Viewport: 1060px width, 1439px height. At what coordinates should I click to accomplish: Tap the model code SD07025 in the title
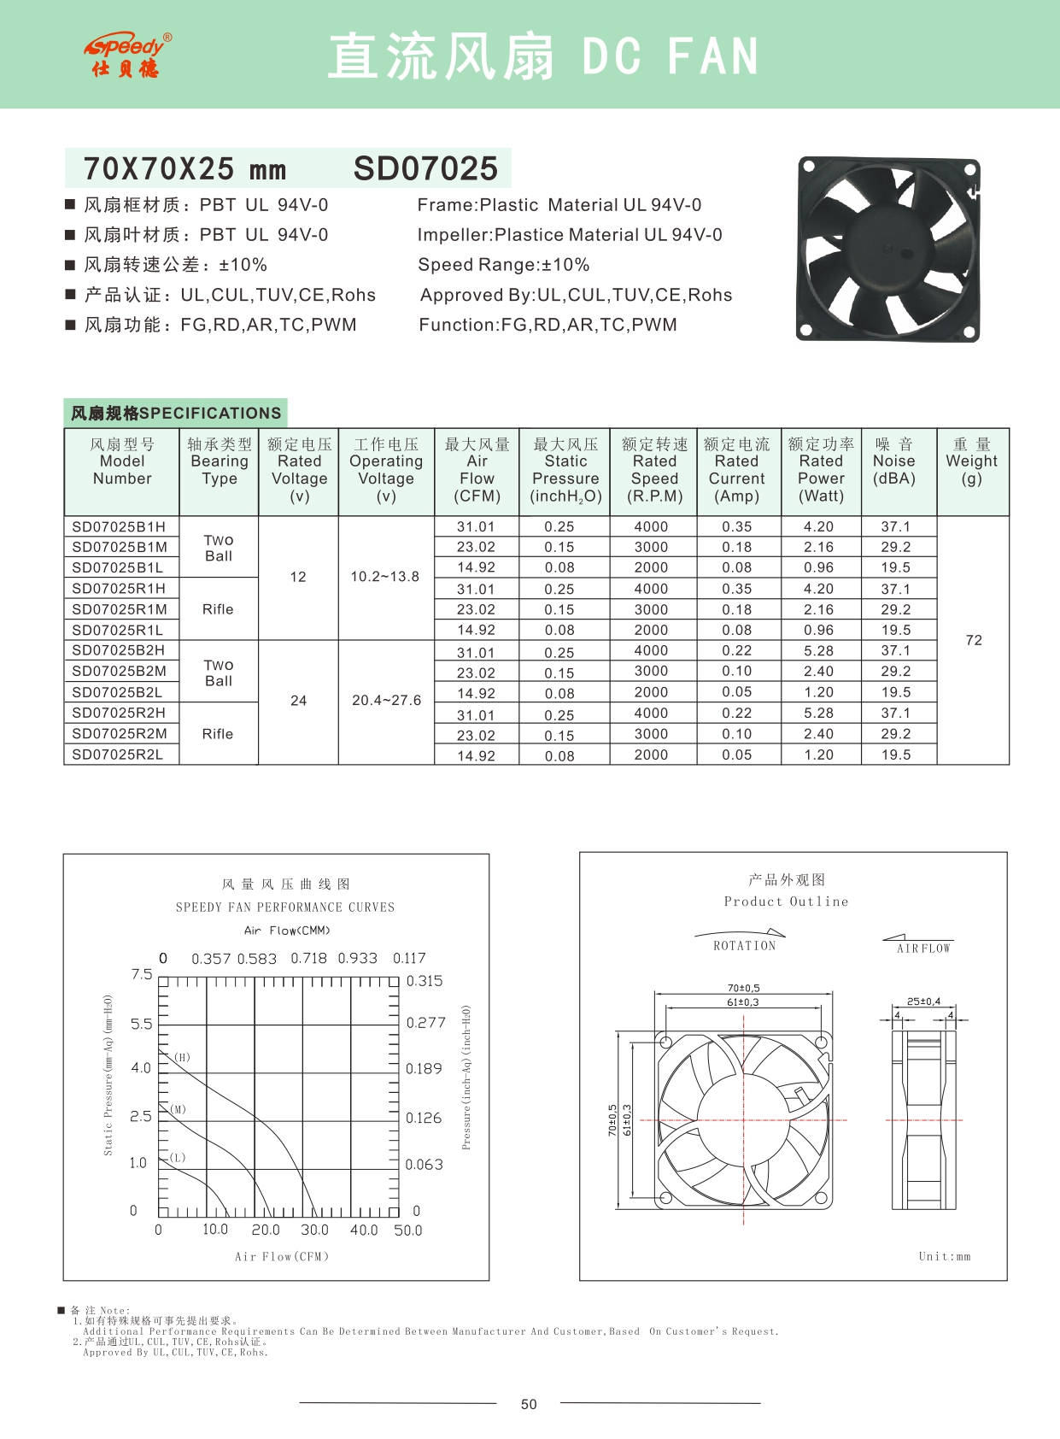[425, 168]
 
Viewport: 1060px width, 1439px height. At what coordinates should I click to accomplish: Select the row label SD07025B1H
[119, 526]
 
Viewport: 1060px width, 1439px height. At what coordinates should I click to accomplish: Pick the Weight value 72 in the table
[974, 640]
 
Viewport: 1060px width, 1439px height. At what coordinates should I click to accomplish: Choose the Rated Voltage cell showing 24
[298, 701]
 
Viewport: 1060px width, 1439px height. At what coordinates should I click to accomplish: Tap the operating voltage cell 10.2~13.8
[385, 577]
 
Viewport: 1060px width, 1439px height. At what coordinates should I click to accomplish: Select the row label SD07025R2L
[117, 755]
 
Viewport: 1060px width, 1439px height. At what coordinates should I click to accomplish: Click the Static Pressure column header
[565, 469]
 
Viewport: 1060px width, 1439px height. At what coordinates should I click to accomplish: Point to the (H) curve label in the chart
[182, 1057]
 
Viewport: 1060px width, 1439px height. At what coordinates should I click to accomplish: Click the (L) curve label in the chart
[177, 1158]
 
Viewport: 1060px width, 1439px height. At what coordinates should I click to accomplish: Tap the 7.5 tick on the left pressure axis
[142, 975]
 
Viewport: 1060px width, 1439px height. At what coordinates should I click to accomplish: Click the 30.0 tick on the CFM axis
[314, 1230]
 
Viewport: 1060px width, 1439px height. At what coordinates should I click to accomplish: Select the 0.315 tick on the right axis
[425, 981]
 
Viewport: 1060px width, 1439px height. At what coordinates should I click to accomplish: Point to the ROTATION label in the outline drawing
[745, 946]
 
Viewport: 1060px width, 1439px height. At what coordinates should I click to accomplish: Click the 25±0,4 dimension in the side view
[923, 1001]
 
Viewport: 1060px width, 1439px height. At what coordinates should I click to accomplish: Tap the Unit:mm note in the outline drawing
[945, 1256]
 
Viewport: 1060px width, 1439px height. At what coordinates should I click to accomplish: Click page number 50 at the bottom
[529, 1404]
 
